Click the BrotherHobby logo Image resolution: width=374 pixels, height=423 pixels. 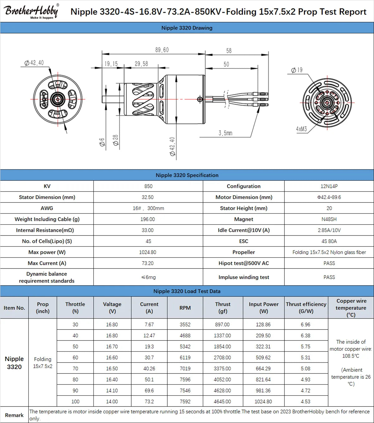pos(31,11)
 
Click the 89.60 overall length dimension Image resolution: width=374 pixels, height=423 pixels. pos(162,50)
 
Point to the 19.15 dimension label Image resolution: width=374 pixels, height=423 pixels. pos(111,64)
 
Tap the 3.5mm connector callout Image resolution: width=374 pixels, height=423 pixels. pos(225,133)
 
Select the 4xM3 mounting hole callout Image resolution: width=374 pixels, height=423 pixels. pos(301,129)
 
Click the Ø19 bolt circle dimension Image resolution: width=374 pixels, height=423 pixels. pos(297,70)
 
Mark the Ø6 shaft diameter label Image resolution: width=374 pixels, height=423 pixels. pos(102,142)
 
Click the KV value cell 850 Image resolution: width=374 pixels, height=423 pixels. pos(148,186)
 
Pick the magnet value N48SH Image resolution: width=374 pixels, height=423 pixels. pos(329,219)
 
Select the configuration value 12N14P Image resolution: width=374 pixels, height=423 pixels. pos(329,186)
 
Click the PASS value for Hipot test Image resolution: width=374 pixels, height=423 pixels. pos(329,263)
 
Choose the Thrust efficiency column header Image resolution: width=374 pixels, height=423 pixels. pos(306,307)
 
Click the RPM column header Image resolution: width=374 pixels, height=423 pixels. pos(185,308)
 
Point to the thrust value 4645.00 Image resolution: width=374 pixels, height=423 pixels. pos(222,402)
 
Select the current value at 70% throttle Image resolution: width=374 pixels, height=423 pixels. pos(149,368)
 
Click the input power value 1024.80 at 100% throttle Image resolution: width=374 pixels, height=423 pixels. pos(263,402)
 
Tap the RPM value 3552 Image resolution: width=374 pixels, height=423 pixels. pos(185,325)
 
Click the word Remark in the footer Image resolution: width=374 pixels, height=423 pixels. pos(14,415)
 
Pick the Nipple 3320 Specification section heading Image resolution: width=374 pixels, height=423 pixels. pos(187,175)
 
